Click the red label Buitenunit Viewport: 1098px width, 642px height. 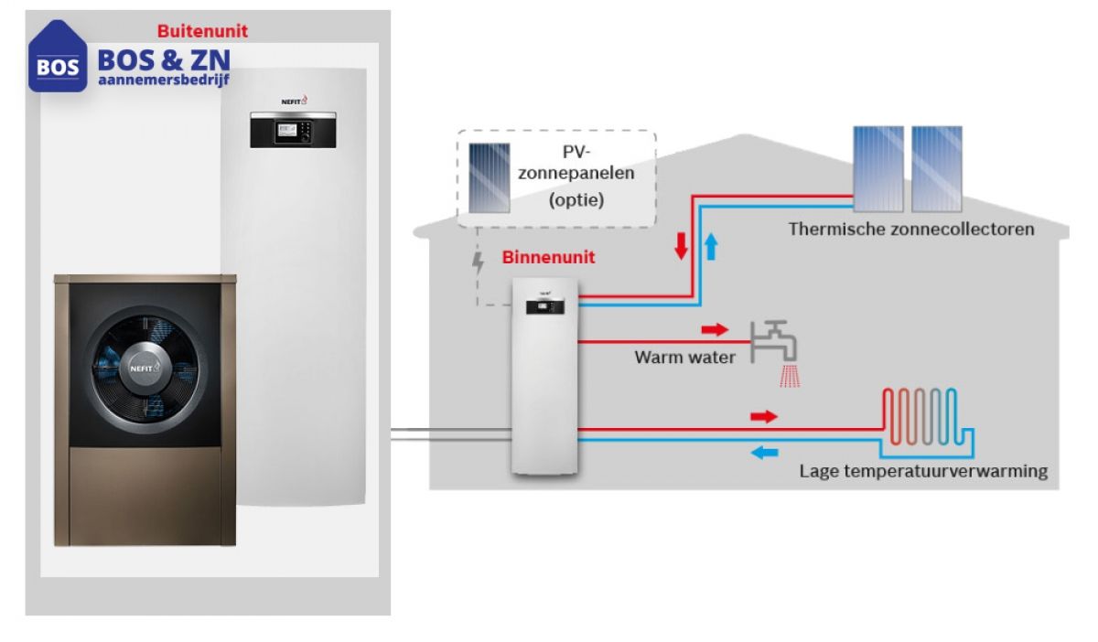click(x=202, y=31)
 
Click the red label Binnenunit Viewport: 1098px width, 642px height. click(x=548, y=258)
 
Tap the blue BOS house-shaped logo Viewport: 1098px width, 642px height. click(x=58, y=58)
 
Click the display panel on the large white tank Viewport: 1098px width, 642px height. click(x=292, y=129)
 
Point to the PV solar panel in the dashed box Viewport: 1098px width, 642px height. click(x=490, y=177)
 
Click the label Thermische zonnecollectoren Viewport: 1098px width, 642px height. click(x=911, y=229)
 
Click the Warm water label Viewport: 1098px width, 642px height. click(x=684, y=358)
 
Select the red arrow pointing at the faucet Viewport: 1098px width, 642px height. click(x=715, y=329)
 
